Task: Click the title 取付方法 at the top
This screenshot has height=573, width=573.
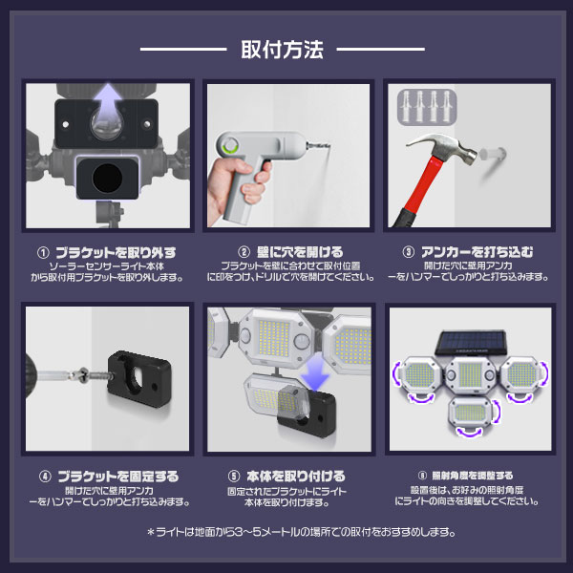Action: point(286,48)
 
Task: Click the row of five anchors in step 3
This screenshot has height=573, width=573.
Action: point(425,103)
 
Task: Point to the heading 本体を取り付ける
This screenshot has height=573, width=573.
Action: point(295,476)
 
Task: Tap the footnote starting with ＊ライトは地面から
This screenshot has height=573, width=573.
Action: point(287,533)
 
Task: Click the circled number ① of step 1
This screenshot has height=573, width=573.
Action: point(42,253)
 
